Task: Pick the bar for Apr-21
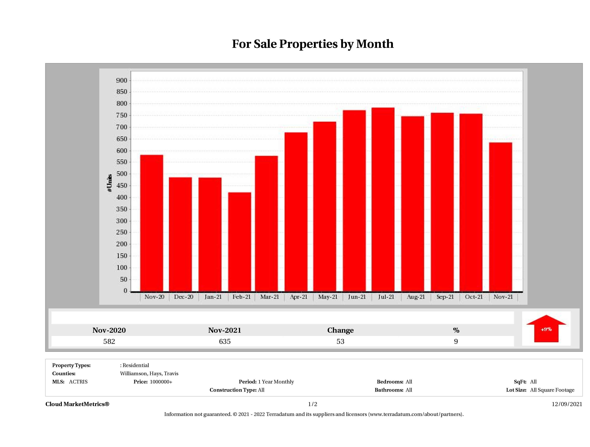[296, 212]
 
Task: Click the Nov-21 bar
[500, 217]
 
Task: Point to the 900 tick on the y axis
[122, 81]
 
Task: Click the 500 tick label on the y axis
[122, 174]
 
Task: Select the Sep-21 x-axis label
[445, 297]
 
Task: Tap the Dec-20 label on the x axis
[184, 297]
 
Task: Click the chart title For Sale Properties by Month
[313, 44]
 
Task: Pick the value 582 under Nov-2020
[109, 341]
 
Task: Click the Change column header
[340, 330]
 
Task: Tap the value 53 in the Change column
[340, 341]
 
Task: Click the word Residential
[136, 365]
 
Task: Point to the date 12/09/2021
[567, 404]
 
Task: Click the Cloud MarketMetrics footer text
[77, 404]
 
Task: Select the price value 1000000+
[161, 382]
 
